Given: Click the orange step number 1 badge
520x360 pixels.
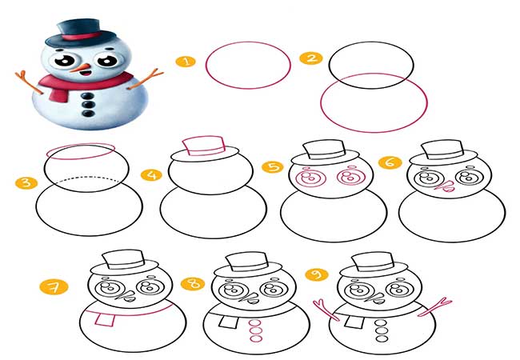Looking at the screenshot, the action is click(x=186, y=62).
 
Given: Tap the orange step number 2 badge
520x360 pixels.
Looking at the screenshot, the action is click(x=311, y=58).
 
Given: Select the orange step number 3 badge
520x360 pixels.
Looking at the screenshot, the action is click(x=26, y=182).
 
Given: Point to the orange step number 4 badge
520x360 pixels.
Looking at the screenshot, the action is click(x=151, y=175).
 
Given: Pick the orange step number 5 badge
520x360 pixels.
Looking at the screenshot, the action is click(x=273, y=166).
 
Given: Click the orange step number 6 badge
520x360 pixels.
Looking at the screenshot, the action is click(x=390, y=162).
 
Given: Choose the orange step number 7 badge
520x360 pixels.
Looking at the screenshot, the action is click(x=54, y=287).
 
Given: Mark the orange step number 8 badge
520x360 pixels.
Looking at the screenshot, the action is click(x=193, y=284).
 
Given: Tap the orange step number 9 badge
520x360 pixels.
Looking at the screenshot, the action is click(x=317, y=274).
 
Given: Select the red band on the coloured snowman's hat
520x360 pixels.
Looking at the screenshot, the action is click(x=82, y=36).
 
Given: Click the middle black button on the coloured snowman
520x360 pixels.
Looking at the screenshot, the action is click(x=88, y=105).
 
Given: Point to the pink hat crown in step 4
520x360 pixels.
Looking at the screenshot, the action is click(x=204, y=146).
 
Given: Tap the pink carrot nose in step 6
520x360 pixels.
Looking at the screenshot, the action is click(x=444, y=186).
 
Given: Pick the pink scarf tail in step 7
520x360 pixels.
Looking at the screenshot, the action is click(x=106, y=320).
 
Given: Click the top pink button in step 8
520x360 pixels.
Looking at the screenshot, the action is click(x=255, y=323).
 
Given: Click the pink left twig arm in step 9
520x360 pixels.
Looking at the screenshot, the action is click(x=326, y=310).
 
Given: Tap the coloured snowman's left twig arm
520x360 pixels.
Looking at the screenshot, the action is click(x=29, y=82).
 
